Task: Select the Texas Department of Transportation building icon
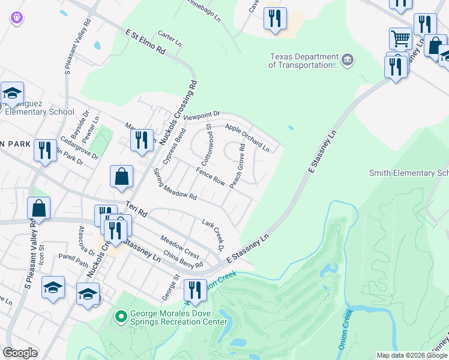348,60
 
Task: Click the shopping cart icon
400,38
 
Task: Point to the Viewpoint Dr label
202,115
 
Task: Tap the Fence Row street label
210,176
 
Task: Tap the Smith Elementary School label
408,173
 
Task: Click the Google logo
20,353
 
